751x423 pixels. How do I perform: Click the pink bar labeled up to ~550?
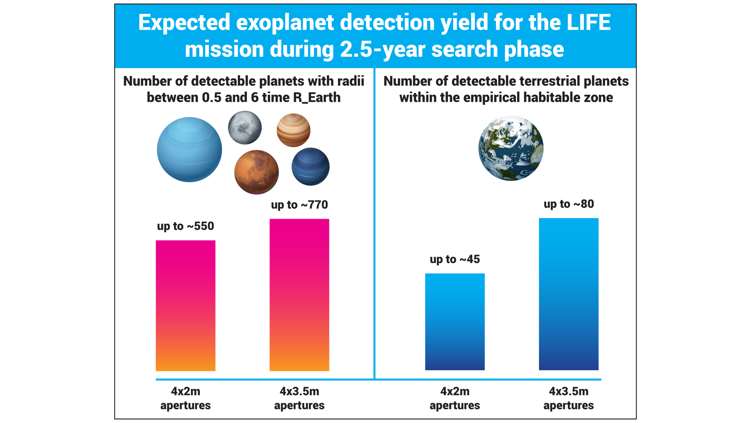pos(185,305)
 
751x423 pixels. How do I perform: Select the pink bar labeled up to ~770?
pos(299,295)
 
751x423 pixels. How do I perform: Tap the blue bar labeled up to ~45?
pos(455,322)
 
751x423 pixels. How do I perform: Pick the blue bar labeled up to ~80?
pos(568,294)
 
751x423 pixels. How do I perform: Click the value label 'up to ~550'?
pos(185,226)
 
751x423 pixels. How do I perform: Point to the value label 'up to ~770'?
pos(299,205)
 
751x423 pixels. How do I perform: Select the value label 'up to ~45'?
pos(455,259)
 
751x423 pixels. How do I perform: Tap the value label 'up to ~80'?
pos(568,204)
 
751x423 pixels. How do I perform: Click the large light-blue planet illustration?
pos(189,150)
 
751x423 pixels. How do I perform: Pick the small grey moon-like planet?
pos(245,128)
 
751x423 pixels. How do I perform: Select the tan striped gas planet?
pos(293,130)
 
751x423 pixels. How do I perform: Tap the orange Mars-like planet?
pos(257,172)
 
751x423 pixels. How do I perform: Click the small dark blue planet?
pos(311,166)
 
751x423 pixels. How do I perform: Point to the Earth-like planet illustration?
pos(511,148)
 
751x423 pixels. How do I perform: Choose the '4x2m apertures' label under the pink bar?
pos(185,398)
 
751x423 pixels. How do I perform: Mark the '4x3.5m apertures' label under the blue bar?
pos(568,398)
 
